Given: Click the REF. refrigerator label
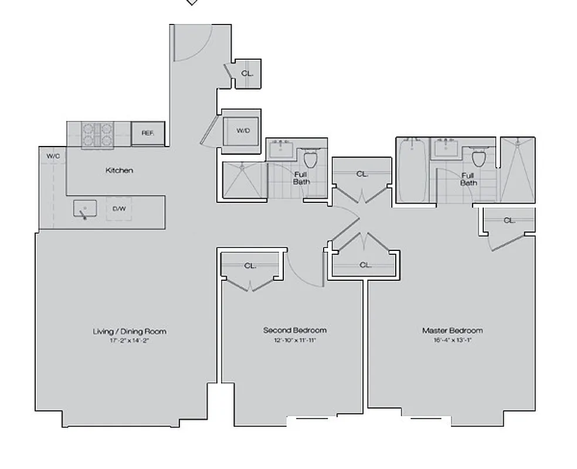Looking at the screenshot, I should tap(148, 133).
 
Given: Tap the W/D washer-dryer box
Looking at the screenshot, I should tap(243, 130).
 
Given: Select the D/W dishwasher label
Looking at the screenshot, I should tap(118, 209).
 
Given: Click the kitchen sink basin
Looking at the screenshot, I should tap(85, 208).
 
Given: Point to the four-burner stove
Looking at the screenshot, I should tap(98, 134).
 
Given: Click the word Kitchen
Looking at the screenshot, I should tap(119, 171).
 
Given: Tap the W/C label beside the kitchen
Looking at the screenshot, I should tap(53, 156).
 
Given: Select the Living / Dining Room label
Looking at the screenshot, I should tap(130, 331).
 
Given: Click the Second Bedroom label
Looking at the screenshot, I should tap(294, 330).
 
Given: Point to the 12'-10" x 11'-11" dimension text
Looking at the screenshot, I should tap(294, 339).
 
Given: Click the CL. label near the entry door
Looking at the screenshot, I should tap(247, 74).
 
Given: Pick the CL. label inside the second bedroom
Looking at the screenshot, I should tap(250, 266).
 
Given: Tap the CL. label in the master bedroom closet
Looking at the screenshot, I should tap(509, 220).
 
